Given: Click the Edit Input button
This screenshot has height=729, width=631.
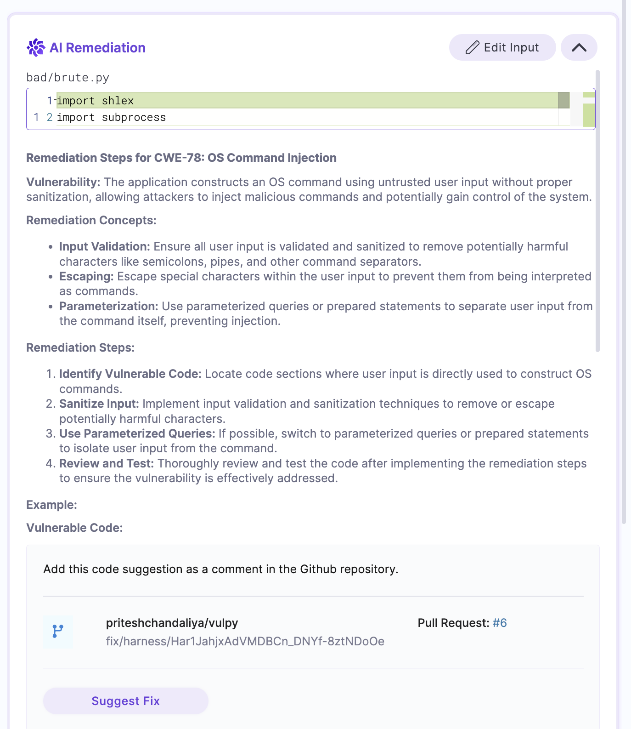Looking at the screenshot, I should pos(502,47).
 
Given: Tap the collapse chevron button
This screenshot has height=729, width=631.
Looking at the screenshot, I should pos(579,47).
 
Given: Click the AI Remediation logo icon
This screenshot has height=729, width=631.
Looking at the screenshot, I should pos(36,47).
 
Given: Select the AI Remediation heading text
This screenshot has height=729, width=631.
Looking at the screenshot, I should pos(97,48).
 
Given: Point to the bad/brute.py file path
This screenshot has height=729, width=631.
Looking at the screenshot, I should pos(68,78).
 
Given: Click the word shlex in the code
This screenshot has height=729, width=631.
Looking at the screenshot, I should pos(118,101).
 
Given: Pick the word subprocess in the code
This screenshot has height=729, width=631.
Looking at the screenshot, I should pos(134,118).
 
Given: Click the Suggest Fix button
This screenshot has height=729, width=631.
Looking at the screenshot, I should pos(125,701).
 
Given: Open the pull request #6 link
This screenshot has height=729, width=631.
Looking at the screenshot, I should pos(500,623).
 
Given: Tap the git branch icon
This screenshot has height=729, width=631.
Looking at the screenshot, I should pos(58,632).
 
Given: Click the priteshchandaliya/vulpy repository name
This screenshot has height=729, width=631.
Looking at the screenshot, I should pos(172,623).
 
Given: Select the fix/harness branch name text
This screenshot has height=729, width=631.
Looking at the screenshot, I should pos(245,641).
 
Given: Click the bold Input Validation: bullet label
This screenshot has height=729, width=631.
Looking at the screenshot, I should pos(105,247).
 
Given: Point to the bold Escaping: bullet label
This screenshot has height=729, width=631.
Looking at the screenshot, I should pos(86,277).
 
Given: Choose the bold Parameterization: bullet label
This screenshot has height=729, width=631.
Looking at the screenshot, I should pos(108,307).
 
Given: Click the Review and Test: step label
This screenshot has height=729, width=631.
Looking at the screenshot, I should pos(107,464).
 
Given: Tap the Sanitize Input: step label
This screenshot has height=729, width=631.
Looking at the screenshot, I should pos(99,404).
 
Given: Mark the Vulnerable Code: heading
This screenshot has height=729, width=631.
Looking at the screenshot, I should pos(74,528).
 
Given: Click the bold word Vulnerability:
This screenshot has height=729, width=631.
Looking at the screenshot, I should pos(63,182).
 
